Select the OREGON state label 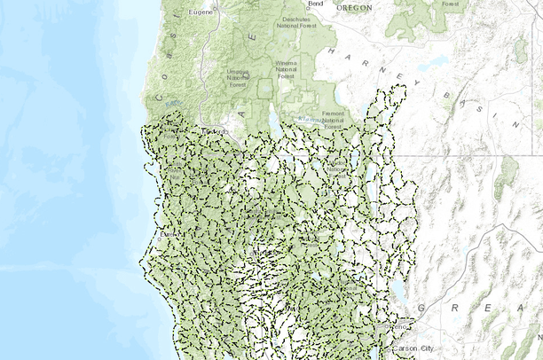tap(354, 7)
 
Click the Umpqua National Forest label tap(238, 76)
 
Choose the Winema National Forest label tap(286, 70)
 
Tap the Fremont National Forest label tap(334, 119)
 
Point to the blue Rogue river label tap(171, 106)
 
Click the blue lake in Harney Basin tap(432, 64)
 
